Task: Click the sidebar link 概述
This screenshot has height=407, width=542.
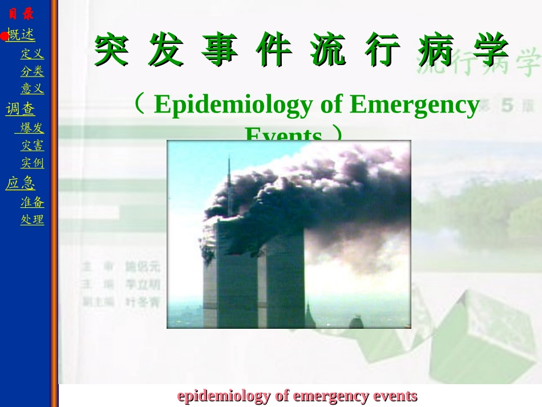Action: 22,35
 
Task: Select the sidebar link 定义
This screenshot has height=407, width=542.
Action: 32,54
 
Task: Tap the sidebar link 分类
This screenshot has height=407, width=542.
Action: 32,71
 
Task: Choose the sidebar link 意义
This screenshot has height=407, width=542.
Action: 32,88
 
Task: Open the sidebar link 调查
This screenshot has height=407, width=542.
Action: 21,108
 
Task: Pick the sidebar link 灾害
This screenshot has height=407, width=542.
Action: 32,146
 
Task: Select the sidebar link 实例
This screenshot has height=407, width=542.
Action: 32,163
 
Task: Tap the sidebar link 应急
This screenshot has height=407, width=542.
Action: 21,183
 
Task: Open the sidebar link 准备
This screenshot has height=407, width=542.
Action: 32,202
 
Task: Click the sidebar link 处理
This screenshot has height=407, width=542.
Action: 32,219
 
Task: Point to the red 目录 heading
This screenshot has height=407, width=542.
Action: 21,14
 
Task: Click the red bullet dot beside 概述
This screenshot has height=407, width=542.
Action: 3,37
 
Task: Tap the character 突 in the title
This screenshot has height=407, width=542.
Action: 111,50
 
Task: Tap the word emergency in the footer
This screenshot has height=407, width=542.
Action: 334,396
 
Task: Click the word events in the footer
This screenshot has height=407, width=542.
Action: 395,396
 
